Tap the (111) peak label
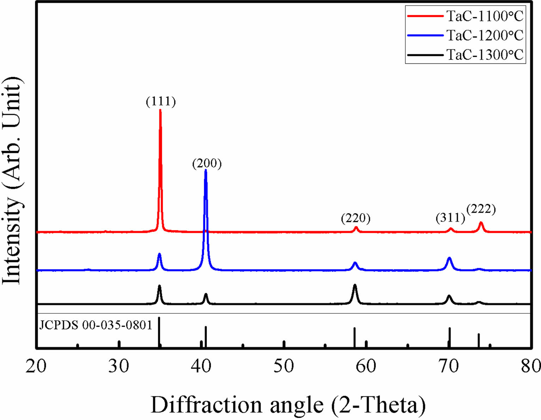tap(161, 101)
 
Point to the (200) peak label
tap(207, 163)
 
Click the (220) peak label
tap(356, 218)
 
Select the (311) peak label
tap(450, 218)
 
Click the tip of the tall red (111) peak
tap(160, 110)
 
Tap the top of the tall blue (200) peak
tap(206, 171)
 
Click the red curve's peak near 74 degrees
tap(481, 222)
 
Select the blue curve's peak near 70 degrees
tap(449, 258)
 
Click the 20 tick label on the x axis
tap(36, 366)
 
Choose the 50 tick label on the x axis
tap(284, 366)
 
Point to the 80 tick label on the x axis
tap(530, 366)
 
